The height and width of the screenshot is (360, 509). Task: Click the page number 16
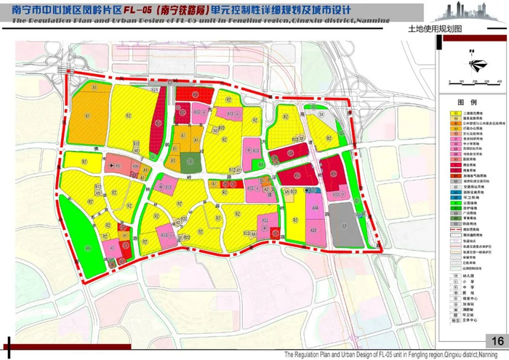point(497,342)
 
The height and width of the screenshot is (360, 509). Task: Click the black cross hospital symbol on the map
point(111,166)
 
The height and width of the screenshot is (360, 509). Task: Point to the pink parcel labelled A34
point(315,208)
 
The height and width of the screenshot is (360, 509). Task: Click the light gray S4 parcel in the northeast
point(321,114)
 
